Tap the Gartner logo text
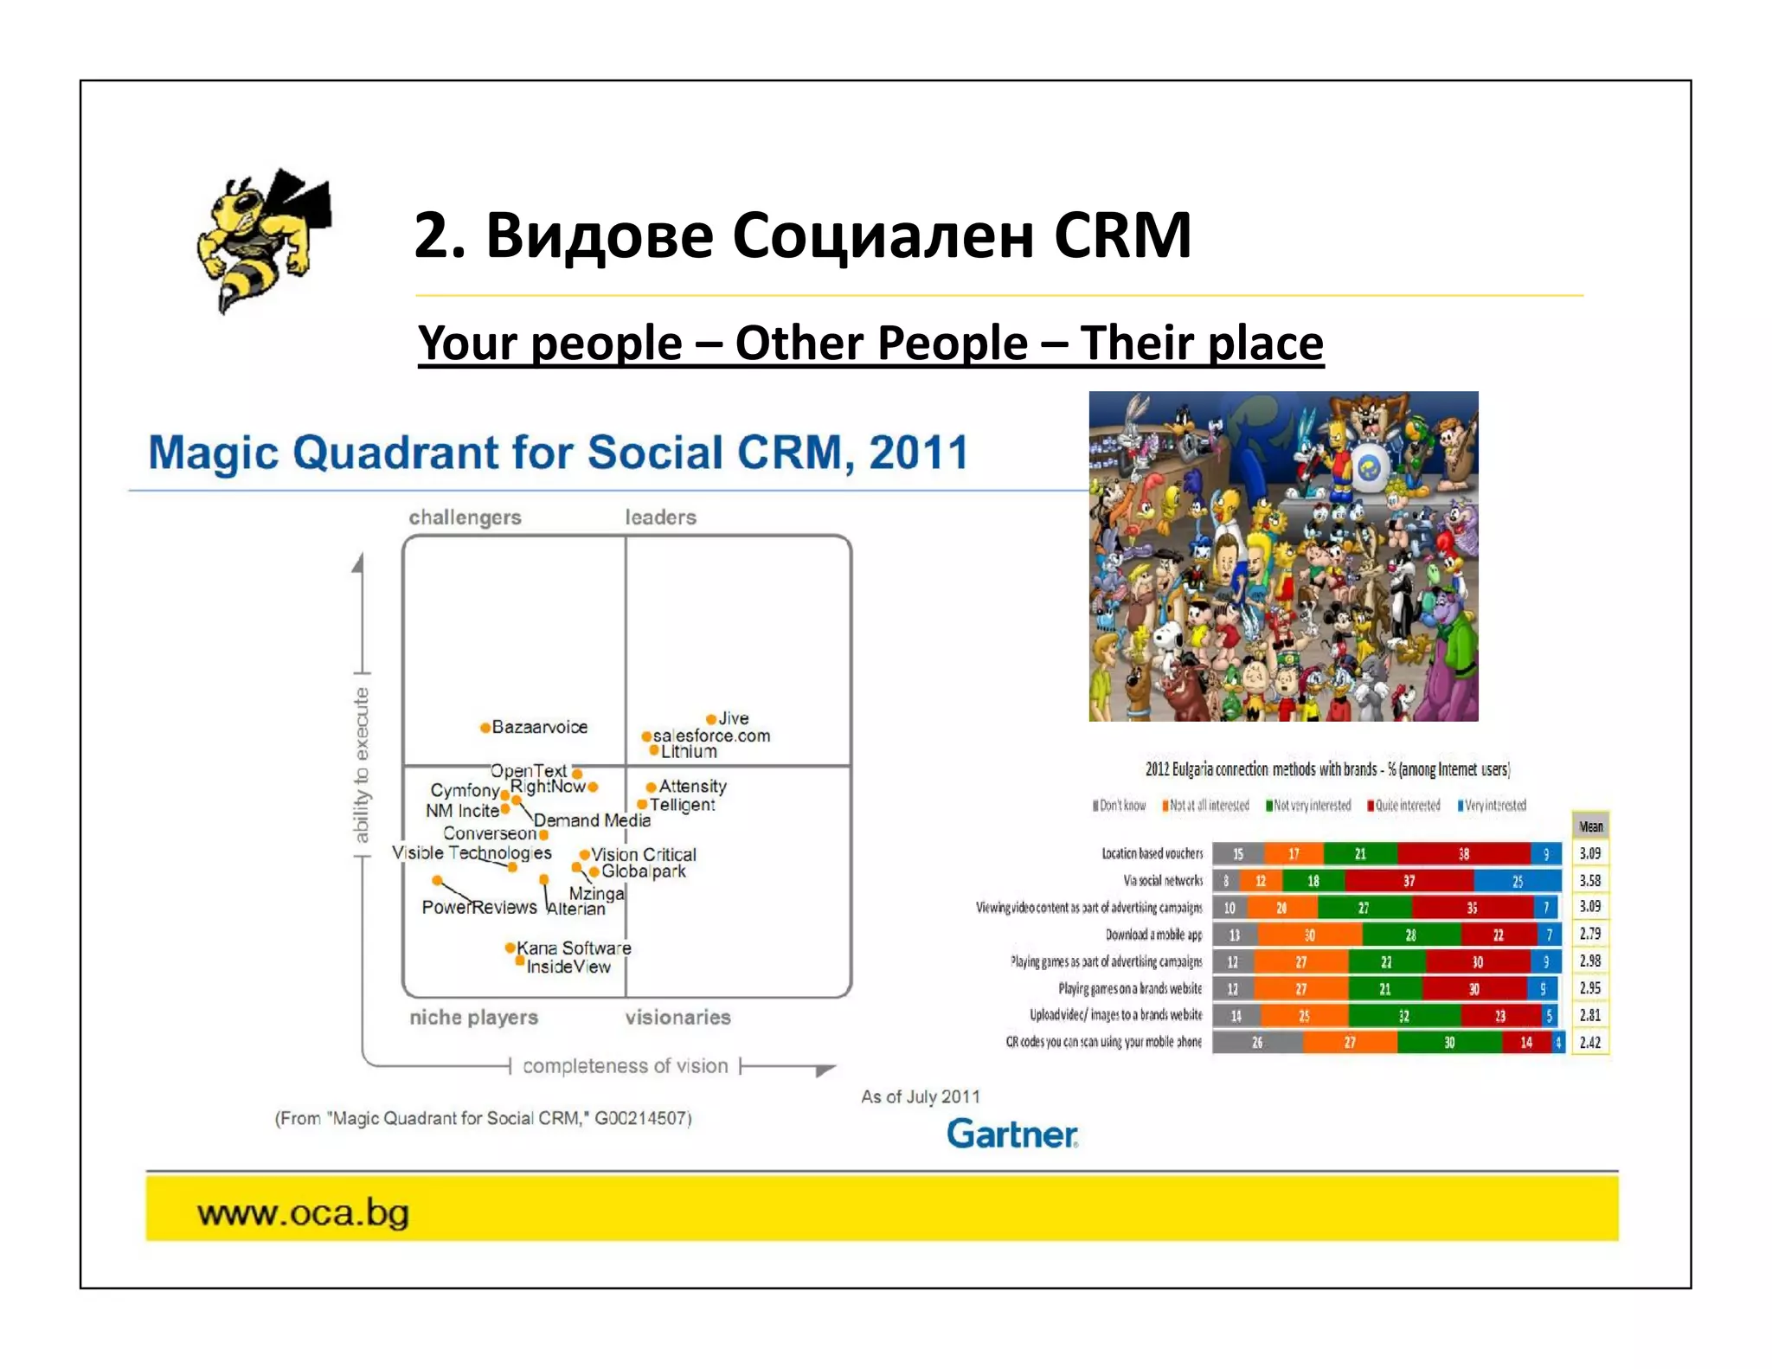tap(1011, 1134)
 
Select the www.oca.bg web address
tap(303, 1212)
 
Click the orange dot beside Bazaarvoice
tap(485, 728)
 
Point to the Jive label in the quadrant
tap(733, 718)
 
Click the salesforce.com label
tap(711, 736)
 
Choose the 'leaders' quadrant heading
tap(660, 517)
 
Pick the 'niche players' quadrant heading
tap(473, 1018)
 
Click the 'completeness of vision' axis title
tap(625, 1066)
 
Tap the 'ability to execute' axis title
tap(362, 765)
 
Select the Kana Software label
tap(574, 948)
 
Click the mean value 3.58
tap(1589, 880)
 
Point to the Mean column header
tap(1590, 826)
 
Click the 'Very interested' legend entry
tap(1494, 806)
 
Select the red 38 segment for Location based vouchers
tap(1463, 854)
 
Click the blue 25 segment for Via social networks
tap(1517, 881)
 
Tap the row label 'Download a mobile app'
tap(1153, 935)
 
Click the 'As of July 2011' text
tap(920, 1097)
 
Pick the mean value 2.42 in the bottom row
tap(1589, 1043)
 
